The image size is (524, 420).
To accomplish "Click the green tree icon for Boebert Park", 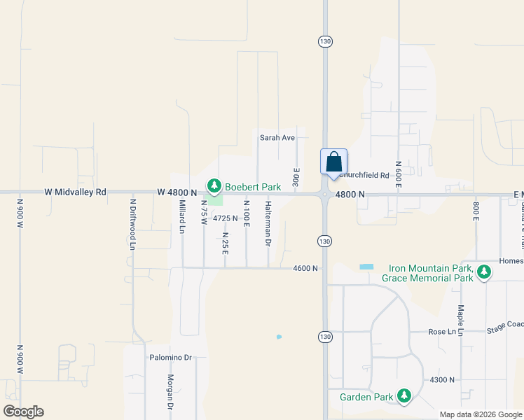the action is tap(214, 186).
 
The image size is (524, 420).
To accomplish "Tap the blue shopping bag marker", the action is tap(334, 162).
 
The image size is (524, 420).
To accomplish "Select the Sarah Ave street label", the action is tap(277, 138).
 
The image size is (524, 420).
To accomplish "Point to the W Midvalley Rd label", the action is tap(75, 192).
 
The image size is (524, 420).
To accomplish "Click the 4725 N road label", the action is tap(226, 218).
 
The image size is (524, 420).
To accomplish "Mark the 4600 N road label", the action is tap(305, 268).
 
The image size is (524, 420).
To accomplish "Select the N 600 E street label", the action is tap(398, 173).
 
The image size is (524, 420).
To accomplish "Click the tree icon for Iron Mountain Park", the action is tap(483, 272).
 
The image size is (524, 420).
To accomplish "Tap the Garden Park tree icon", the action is tap(404, 397).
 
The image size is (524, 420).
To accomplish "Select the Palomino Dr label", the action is tap(170, 357).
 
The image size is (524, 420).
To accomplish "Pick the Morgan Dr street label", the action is tap(170, 392).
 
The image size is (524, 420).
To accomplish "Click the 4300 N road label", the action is tap(443, 379).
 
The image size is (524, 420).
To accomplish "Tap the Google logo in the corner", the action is tap(23, 412).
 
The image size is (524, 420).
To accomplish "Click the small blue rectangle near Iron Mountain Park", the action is tap(366, 267).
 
